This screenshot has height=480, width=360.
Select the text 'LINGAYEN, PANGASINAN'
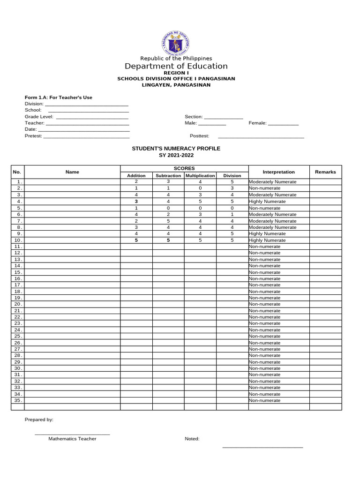pos(176,85)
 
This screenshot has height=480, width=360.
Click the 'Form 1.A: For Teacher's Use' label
pos(59,97)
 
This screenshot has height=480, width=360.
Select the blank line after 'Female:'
pos(283,124)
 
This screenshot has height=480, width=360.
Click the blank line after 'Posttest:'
pos(261,136)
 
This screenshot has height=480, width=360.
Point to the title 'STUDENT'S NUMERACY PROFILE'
pos(176,148)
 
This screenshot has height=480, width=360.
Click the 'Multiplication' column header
pos(200,176)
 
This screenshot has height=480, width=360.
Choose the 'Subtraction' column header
pos(168,176)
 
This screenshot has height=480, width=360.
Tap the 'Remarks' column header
pos(325,172)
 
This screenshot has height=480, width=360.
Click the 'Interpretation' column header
pos(279,172)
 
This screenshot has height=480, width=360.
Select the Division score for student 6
pos(232,214)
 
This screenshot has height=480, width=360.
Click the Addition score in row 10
pos(136,240)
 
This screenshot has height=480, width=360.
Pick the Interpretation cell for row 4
pos(278,202)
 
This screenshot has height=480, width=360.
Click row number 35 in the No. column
pos(18,400)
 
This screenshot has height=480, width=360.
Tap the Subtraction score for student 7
pos(168,221)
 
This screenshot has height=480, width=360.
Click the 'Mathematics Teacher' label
pos(72,439)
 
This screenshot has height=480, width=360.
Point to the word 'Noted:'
pos(192,439)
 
